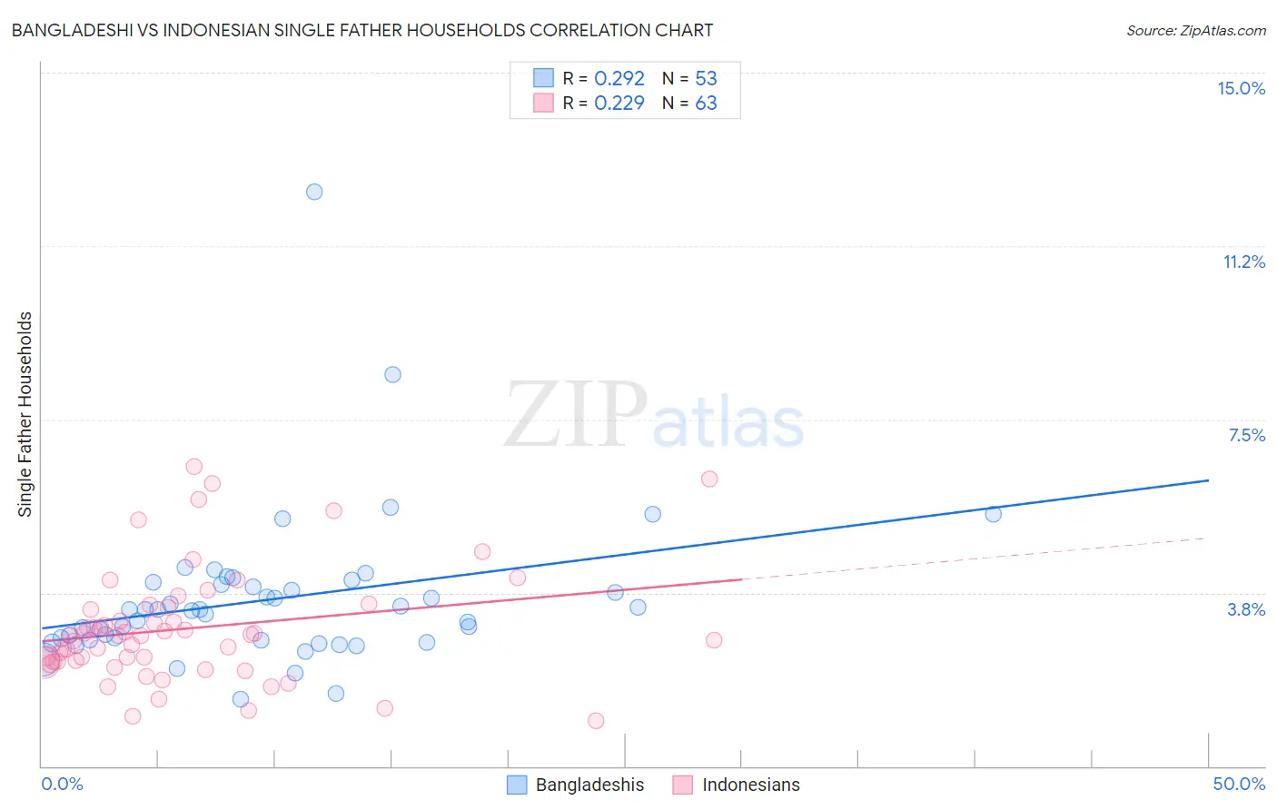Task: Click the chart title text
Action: [361, 30]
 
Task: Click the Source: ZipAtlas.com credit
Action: [1195, 30]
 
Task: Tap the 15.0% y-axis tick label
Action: [1241, 88]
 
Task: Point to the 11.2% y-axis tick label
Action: [1243, 262]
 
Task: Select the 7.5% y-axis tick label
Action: [1246, 435]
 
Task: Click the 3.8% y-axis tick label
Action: [1246, 609]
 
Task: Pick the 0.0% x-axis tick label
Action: [62, 784]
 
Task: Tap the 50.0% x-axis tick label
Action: [1239, 784]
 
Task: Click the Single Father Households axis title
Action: [25, 414]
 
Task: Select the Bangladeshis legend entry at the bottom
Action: [576, 785]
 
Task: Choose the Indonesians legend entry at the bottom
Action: [737, 785]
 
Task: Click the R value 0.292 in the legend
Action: [619, 78]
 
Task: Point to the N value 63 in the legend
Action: [706, 103]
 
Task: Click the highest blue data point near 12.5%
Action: [314, 192]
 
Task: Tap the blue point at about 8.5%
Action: [392, 374]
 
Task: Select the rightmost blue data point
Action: [993, 514]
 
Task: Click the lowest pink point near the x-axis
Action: [596, 720]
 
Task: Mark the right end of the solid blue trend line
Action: [1208, 479]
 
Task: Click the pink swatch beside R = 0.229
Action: [543, 103]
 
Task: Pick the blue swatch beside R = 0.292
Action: [543, 78]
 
